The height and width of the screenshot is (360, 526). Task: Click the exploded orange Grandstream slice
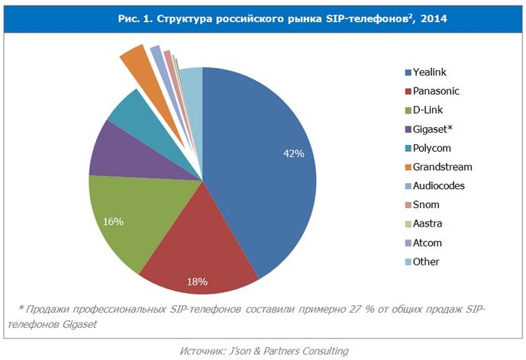[135, 59]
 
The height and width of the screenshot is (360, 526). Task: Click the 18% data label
[197, 281]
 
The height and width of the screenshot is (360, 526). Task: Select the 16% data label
[114, 221]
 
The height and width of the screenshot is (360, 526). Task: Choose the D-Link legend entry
[428, 111]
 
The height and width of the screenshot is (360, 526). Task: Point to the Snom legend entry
[425, 204]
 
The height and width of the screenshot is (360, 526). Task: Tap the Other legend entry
[425, 262]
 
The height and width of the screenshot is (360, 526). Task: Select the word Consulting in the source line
[321, 350]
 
